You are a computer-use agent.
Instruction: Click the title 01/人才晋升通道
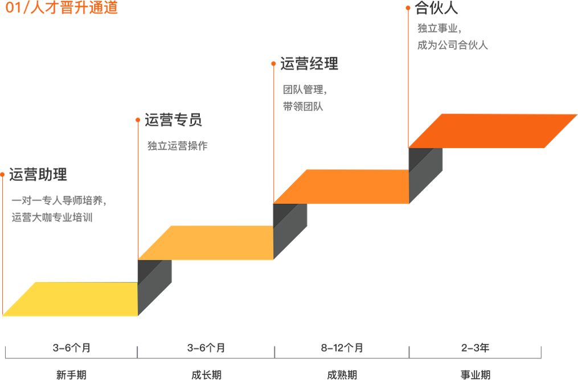coord(62,9)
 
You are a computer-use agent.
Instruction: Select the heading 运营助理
coord(38,175)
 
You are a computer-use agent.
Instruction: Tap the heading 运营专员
coord(173,120)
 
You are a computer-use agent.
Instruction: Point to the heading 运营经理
coord(309,64)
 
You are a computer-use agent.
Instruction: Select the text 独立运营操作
coord(177,146)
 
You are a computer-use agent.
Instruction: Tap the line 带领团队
coord(304,107)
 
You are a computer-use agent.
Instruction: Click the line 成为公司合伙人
coord(452,46)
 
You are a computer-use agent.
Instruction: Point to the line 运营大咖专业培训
coord(52,218)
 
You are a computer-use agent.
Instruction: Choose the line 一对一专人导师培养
coord(58,201)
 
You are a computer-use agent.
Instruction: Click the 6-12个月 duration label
coord(342,348)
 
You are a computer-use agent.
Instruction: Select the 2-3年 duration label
coord(475,348)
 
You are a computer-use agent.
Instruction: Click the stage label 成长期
coord(206,375)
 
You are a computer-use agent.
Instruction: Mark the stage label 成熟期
coord(342,375)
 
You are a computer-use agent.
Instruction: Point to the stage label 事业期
coord(475,375)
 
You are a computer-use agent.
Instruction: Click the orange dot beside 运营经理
coord(273,64)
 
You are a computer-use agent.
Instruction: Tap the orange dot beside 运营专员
coord(138,120)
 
